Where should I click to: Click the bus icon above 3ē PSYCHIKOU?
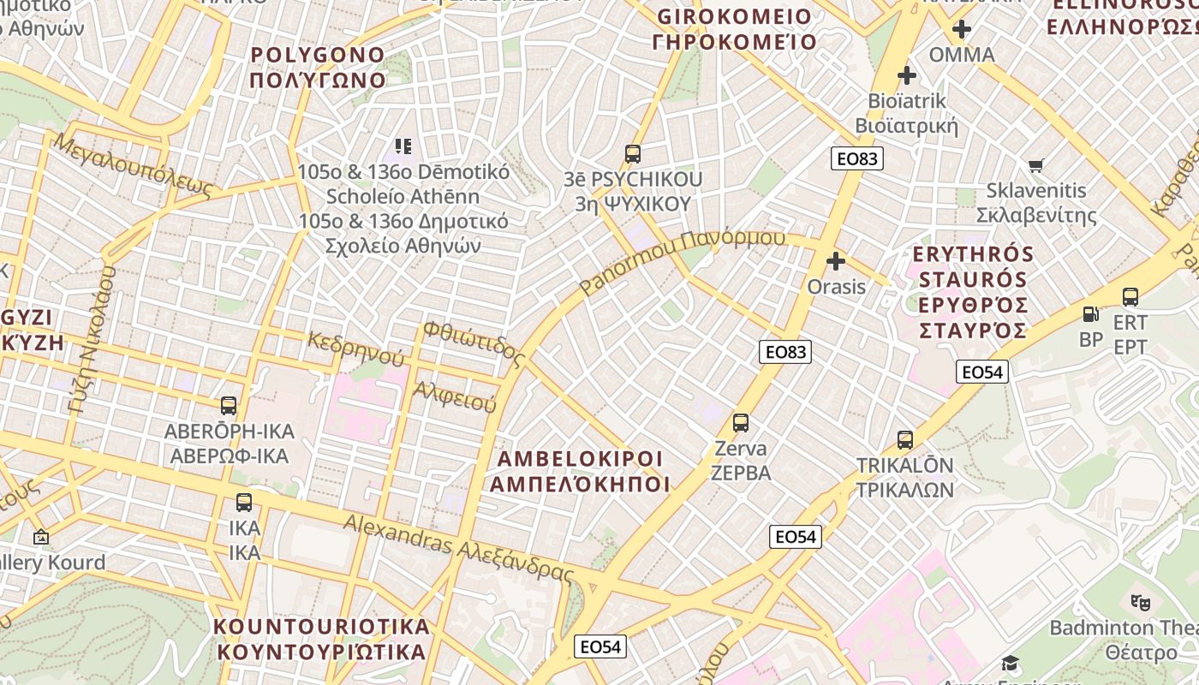click(633, 154)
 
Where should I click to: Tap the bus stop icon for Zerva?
click(741, 422)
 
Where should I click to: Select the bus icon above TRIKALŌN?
click(905, 440)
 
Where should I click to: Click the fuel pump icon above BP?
click(1090, 314)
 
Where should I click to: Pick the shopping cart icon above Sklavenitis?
click(1036, 164)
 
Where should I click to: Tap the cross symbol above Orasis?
click(836, 261)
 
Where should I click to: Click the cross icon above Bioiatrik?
click(907, 75)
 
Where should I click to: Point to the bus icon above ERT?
click(1130, 297)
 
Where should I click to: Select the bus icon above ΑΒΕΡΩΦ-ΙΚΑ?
click(229, 405)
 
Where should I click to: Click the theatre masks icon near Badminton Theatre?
click(1139, 603)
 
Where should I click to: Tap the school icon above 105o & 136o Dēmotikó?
click(403, 146)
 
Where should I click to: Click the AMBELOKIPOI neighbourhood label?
click(580, 471)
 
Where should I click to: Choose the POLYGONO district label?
click(318, 68)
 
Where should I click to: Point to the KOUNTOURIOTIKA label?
click(320, 639)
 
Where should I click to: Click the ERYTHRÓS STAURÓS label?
click(973, 292)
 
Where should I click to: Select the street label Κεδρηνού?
click(355, 347)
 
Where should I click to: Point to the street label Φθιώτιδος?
click(473, 343)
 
